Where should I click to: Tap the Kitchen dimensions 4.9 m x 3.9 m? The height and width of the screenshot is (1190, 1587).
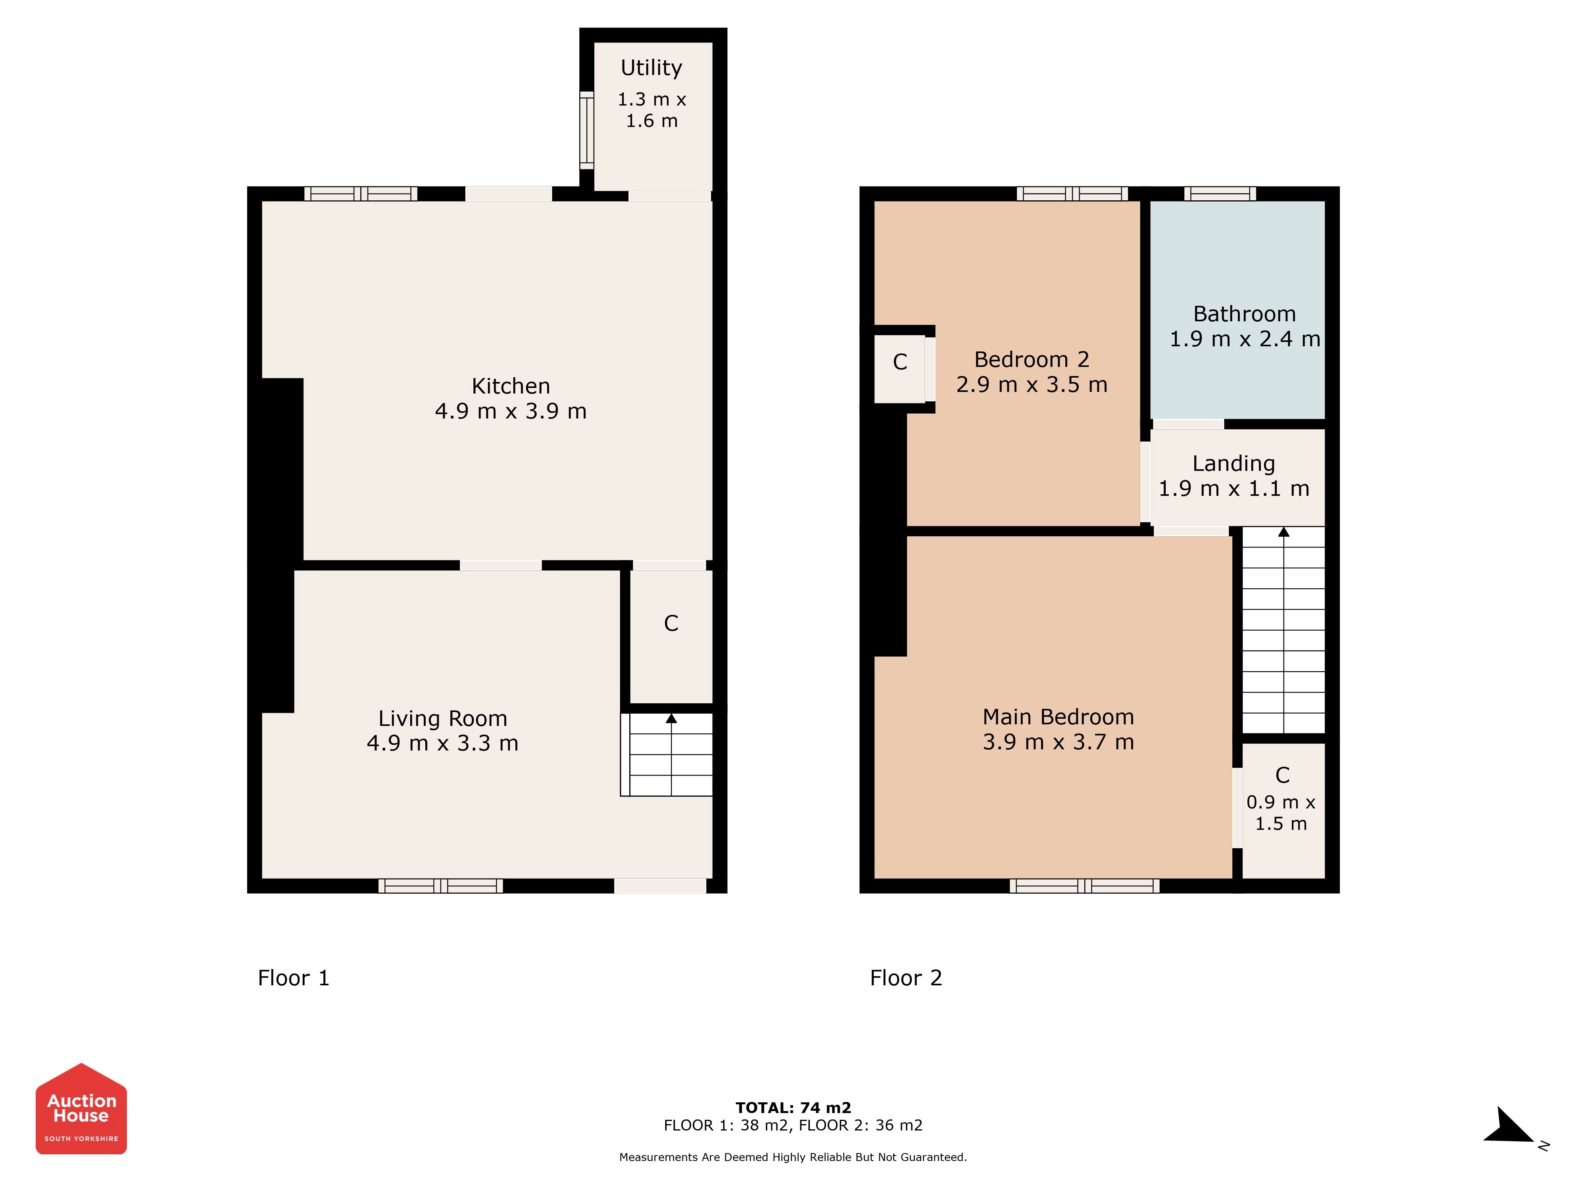coord(511,411)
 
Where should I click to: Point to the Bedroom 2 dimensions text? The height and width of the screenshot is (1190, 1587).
coord(1032,384)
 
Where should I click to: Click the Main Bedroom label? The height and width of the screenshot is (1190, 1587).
coord(1058,717)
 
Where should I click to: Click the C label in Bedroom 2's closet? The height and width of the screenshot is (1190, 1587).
coord(900,362)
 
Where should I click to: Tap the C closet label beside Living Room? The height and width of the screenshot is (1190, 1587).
coord(671,623)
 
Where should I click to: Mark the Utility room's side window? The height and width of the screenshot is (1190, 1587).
coord(587,131)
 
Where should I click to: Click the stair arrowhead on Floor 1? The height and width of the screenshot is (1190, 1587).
coord(671,718)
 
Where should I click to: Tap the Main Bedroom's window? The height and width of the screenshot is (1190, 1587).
coord(1084,886)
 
